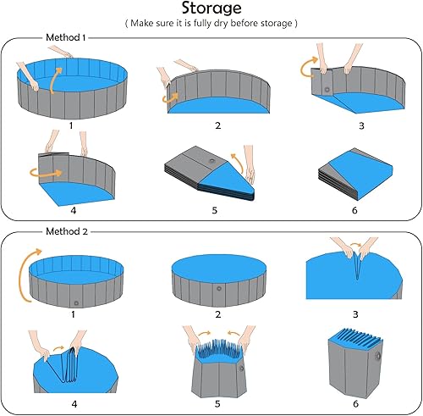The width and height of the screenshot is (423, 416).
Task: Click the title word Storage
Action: [x=211, y=10]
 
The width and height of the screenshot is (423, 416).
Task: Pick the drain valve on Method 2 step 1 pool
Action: [x=76, y=301]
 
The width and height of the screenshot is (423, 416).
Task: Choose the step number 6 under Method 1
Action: [x=354, y=209]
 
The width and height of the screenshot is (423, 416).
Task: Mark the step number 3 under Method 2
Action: [x=354, y=314]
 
